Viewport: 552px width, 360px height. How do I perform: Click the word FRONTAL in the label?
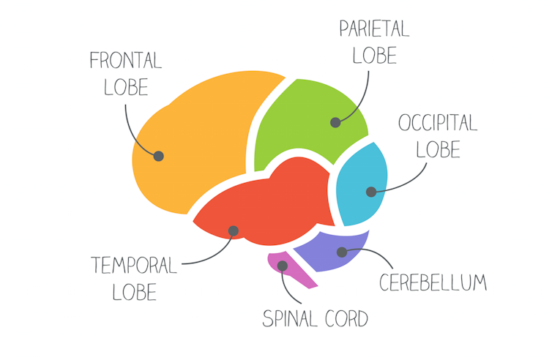click(125, 60)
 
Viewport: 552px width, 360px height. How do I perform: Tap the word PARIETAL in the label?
click(373, 29)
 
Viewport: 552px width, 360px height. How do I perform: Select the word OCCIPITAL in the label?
click(438, 122)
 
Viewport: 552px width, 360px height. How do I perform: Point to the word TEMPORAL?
click(134, 265)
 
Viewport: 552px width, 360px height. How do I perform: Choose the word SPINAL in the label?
click(289, 319)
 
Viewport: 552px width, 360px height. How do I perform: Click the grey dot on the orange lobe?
click(159, 156)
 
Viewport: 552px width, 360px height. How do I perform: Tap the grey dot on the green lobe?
click(335, 122)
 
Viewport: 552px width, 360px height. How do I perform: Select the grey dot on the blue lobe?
click(371, 192)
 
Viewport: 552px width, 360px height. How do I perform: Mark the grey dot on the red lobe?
click(233, 231)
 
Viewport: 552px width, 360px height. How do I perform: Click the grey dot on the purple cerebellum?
click(341, 252)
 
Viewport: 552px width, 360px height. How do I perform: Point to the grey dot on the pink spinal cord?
click(283, 266)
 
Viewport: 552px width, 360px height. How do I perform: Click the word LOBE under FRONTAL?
click(126, 87)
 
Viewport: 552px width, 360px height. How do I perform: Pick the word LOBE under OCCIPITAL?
click(438, 149)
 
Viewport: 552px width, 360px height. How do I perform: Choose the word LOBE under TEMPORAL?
click(135, 292)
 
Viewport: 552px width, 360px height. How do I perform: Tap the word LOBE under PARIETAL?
click(374, 56)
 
